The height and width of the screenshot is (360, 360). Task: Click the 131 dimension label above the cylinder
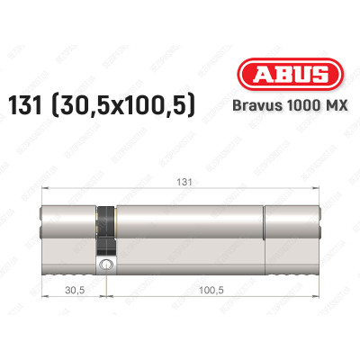[185, 178]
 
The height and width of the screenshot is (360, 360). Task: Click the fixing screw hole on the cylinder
[106, 265]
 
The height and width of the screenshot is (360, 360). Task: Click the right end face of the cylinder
[320, 229]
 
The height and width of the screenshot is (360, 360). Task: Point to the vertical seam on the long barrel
[264, 229]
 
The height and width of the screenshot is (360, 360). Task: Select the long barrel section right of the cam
[189, 229]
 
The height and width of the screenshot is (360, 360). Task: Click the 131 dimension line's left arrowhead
[45, 186]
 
